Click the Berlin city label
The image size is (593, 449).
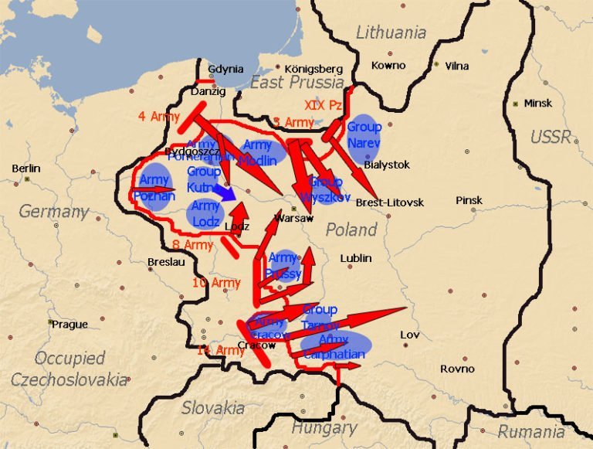click(x=26, y=168)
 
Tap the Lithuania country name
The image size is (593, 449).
click(x=391, y=32)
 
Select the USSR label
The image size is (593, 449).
click(x=551, y=138)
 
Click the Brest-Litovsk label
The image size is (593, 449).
click(x=390, y=202)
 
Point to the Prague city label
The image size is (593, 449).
click(x=69, y=325)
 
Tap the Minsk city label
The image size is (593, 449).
click(x=538, y=103)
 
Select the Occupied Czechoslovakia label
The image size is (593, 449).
click(x=69, y=369)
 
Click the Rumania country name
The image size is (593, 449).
click(x=530, y=431)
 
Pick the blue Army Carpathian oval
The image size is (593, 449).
click(x=335, y=346)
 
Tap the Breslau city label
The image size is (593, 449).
click(x=166, y=262)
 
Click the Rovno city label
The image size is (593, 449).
click(x=457, y=369)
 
